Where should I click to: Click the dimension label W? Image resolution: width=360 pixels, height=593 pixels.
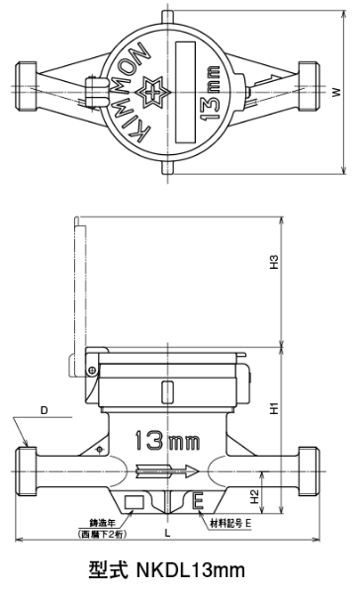click(336, 92)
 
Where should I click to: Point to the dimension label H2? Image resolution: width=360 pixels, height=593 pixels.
click(255, 496)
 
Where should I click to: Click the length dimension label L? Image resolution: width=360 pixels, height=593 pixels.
click(168, 534)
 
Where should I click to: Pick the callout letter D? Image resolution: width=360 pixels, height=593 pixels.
click(45, 410)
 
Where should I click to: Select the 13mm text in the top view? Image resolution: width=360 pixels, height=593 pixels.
click(209, 94)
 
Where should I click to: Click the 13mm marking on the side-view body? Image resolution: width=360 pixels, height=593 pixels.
click(167, 440)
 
